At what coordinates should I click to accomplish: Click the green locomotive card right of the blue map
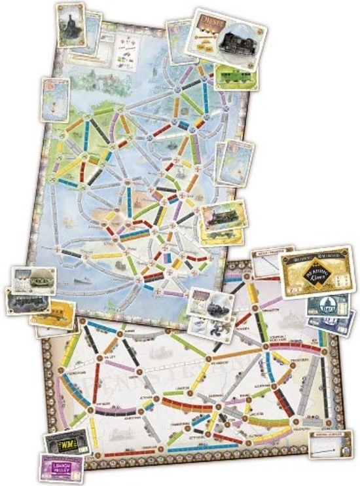[223, 216]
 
